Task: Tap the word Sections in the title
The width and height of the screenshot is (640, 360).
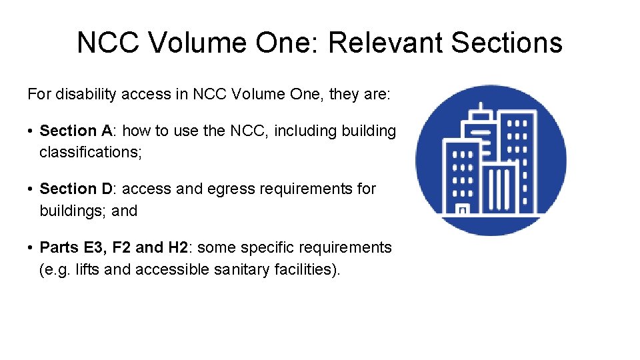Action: [507, 43]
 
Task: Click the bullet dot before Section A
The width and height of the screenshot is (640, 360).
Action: [31, 131]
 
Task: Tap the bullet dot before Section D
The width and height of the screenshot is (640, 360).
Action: [31, 189]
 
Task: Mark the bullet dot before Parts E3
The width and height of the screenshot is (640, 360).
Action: [31, 248]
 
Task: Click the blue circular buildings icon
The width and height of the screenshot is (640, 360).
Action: [491, 160]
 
